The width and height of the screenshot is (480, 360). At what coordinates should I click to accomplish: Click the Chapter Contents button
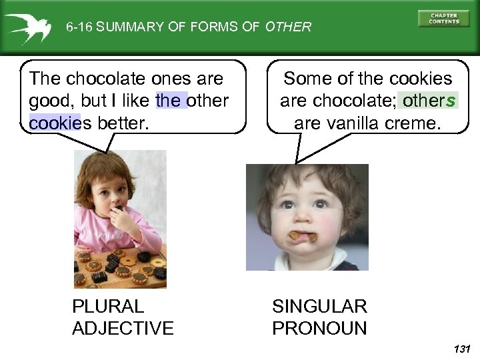pos(443,18)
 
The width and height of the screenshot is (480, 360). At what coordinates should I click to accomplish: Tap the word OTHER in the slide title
pos(288,27)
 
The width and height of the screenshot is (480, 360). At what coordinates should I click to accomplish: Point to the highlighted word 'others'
pos(429,101)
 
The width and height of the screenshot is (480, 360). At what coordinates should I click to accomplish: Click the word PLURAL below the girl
pos(107,307)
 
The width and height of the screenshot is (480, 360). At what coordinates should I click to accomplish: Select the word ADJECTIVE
pos(123,328)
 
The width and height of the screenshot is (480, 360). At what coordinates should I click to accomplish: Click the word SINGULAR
pos(319,307)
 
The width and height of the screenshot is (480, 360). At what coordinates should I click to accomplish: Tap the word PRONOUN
pos(319,328)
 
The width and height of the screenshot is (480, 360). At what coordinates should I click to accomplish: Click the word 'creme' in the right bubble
pos(413,123)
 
